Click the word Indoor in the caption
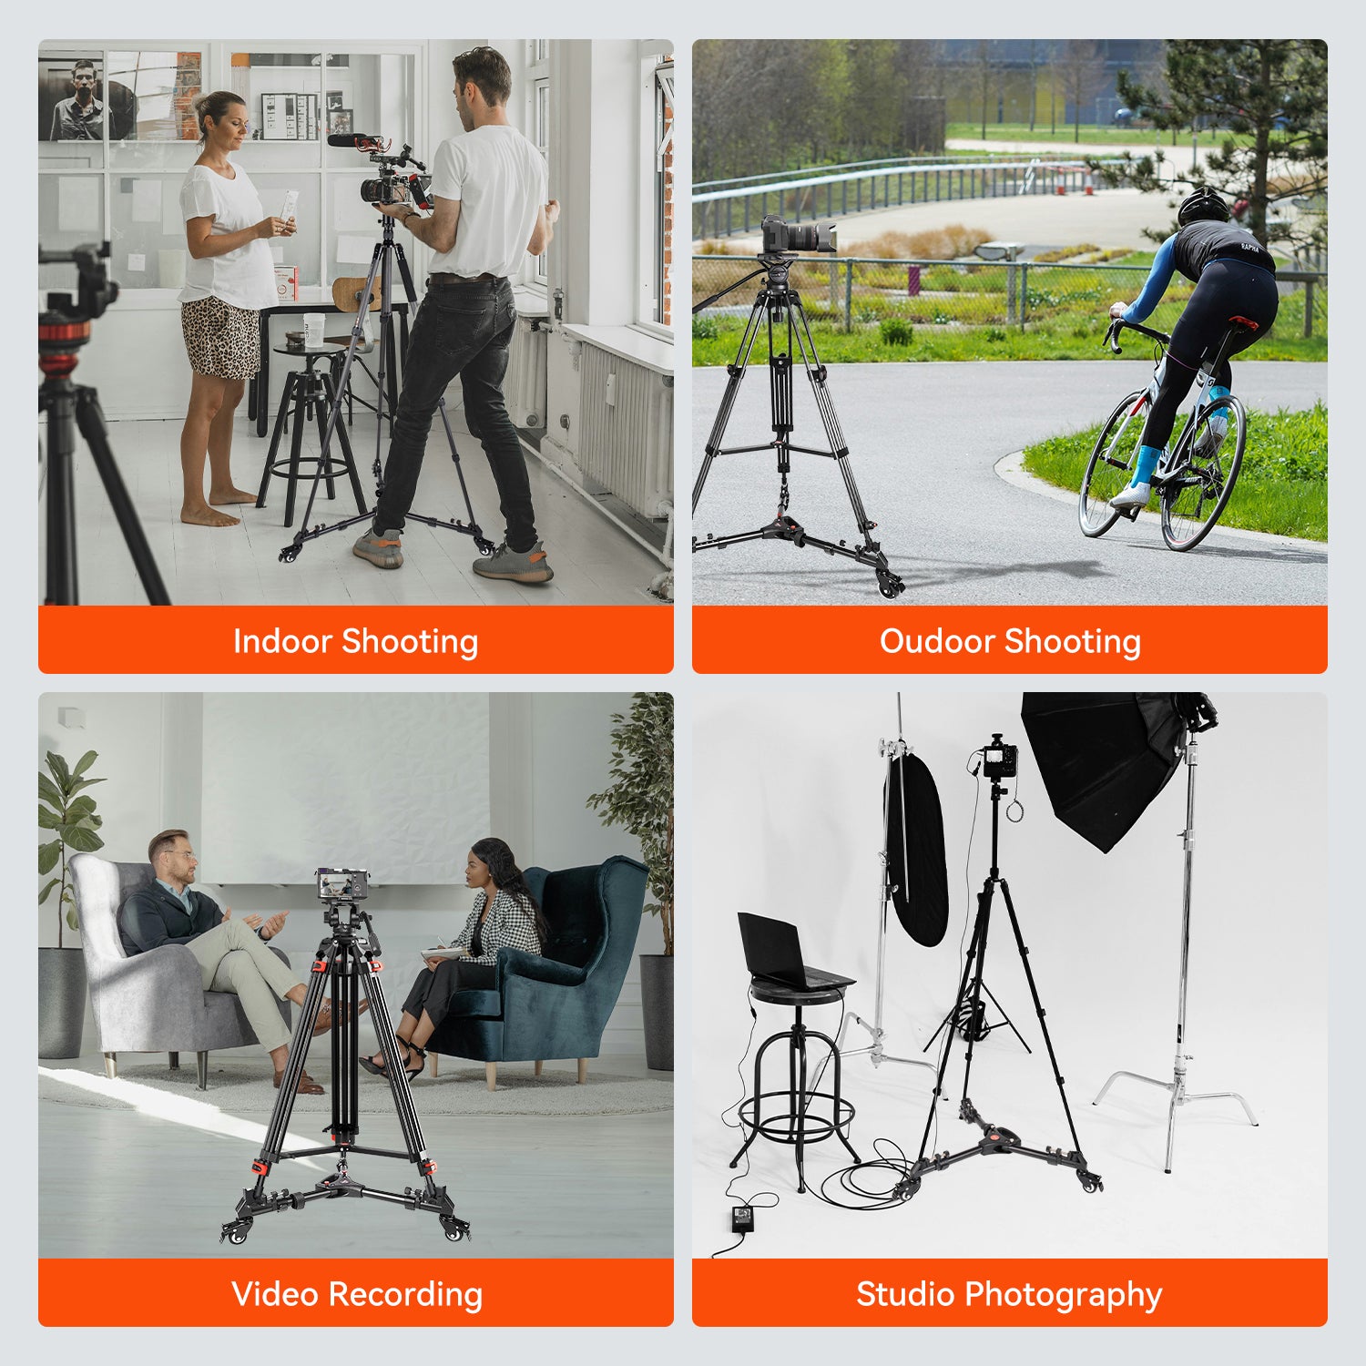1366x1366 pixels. [x=282, y=641]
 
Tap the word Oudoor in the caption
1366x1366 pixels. [x=937, y=641]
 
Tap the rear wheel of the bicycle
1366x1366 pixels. [x=1203, y=472]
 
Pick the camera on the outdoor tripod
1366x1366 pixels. [x=797, y=234]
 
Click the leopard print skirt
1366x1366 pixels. [x=222, y=338]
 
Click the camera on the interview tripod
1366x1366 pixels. [x=341, y=884]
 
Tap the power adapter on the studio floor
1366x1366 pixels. [x=745, y=1216]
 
